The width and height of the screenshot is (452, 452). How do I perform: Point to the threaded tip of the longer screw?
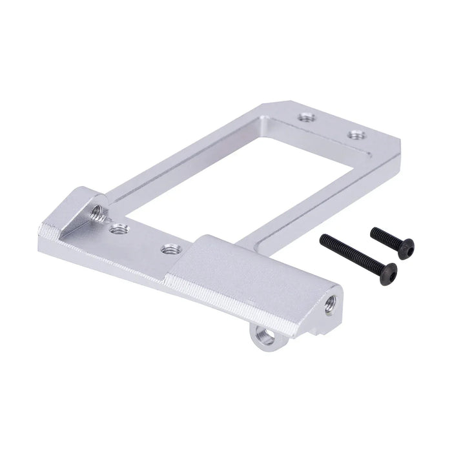pyautogui.click(x=324, y=238)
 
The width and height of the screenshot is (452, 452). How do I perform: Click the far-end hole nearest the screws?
pyautogui.click(x=356, y=135)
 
